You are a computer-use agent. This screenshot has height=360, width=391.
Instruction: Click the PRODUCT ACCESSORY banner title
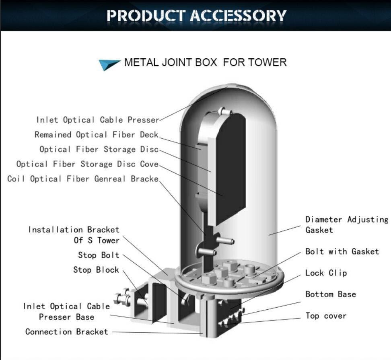[x=196, y=16]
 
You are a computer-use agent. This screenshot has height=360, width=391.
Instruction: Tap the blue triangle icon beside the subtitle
[x=109, y=64]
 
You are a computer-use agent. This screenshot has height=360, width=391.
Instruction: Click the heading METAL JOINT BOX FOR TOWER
[x=205, y=63]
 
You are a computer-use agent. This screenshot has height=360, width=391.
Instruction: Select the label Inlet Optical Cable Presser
[x=98, y=120]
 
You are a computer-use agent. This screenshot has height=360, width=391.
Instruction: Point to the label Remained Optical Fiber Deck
[x=96, y=135]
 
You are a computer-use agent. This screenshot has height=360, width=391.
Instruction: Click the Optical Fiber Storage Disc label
[x=99, y=150]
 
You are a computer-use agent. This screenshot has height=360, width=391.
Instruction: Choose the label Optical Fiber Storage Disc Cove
[x=87, y=164]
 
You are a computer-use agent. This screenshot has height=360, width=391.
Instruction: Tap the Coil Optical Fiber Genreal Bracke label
[x=83, y=179]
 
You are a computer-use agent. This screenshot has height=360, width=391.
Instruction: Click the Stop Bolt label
[x=99, y=255]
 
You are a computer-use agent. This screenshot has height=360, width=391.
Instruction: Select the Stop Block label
[x=96, y=270]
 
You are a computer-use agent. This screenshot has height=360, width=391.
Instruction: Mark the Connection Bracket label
[x=67, y=332]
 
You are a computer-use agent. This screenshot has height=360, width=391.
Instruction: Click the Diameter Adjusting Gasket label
[x=346, y=224]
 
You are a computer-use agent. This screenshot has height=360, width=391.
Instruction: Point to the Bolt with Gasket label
[x=342, y=252]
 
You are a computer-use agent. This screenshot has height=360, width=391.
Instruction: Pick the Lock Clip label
[x=326, y=273]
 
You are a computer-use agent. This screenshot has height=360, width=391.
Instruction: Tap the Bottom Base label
[x=331, y=294]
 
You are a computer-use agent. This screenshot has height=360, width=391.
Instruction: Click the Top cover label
[x=326, y=316]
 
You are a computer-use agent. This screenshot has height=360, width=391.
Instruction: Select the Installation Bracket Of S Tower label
[x=74, y=235]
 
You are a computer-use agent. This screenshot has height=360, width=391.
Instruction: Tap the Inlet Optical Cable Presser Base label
[x=66, y=312]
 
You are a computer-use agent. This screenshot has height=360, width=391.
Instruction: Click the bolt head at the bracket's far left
[x=119, y=298]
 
